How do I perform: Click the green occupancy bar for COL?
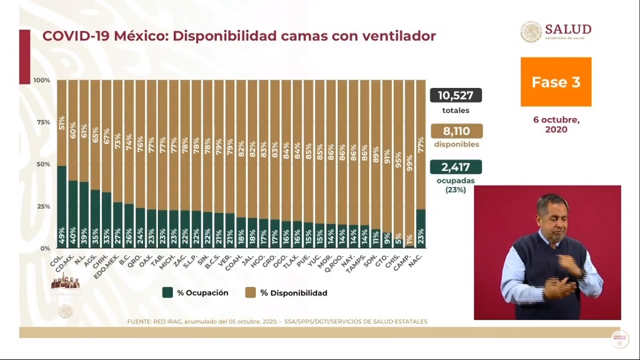coord(62,206)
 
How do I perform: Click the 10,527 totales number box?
coord(455,96)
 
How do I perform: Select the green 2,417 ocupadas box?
coord(456,167)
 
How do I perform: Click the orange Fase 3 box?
coord(556,82)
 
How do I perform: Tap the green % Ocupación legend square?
coord(167,292)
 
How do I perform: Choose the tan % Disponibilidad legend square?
coord(250,292)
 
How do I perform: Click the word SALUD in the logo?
coord(568,29)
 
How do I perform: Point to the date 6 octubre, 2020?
coord(556,124)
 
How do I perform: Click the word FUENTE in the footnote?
coord(140,322)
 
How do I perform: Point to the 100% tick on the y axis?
coord(42,81)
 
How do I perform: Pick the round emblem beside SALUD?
coord(531,32)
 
